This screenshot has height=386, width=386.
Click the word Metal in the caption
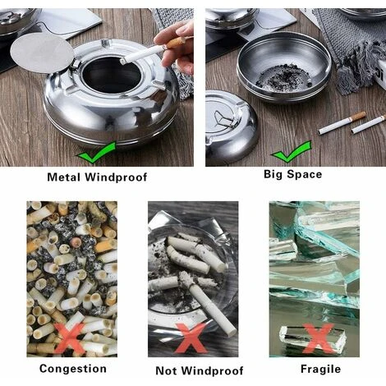point(64,177)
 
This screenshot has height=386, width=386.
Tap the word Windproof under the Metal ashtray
point(116,177)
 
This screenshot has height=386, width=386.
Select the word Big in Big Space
point(274,175)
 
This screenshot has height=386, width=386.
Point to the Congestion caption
point(73,369)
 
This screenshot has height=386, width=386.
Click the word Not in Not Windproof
point(167,370)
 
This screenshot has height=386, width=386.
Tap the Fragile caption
point(320,369)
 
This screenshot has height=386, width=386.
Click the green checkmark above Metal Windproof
point(96,153)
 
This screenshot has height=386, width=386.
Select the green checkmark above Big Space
point(292,151)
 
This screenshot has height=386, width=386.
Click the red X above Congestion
point(69,338)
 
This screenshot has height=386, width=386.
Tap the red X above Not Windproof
point(191,338)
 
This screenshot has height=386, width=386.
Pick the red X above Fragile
point(318,338)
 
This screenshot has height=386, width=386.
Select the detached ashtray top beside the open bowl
point(232,126)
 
